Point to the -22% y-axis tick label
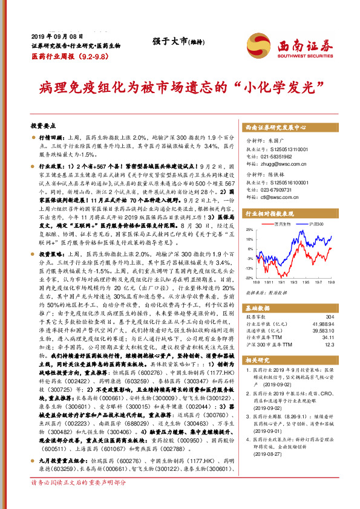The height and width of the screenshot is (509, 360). (250, 277)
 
